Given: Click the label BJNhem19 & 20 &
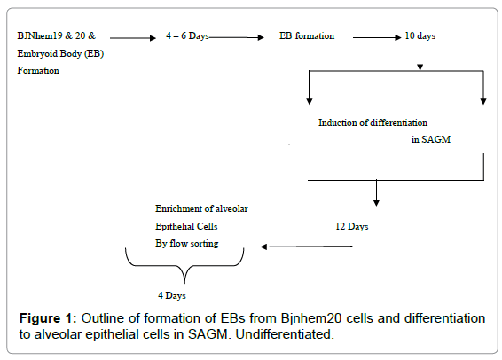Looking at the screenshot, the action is click(x=57, y=35).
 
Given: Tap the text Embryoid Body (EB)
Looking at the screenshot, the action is click(x=60, y=53).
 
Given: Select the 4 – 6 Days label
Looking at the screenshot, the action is click(x=187, y=35).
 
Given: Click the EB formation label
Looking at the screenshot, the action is click(x=307, y=35).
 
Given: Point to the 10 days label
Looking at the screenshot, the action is click(x=420, y=35).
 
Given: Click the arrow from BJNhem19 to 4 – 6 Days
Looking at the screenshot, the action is click(x=133, y=38).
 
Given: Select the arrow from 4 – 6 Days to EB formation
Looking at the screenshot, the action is click(x=237, y=37).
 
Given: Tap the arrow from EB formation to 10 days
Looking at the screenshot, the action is click(x=377, y=37).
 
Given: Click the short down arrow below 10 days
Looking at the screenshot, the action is click(x=420, y=59).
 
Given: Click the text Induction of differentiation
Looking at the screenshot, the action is click(x=373, y=122).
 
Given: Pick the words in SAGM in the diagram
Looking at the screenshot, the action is click(x=431, y=139).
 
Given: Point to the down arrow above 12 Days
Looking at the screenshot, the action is click(x=376, y=193).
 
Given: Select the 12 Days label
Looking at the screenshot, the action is click(x=352, y=227).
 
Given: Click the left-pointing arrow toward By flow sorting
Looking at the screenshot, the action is click(x=306, y=247).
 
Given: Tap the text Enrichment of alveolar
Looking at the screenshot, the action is click(x=201, y=209).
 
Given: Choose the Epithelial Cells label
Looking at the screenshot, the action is click(x=186, y=227).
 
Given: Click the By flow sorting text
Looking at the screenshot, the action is click(x=187, y=244).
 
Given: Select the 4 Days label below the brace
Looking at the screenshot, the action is click(x=172, y=295).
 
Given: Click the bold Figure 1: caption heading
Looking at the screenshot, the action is click(x=48, y=318).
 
